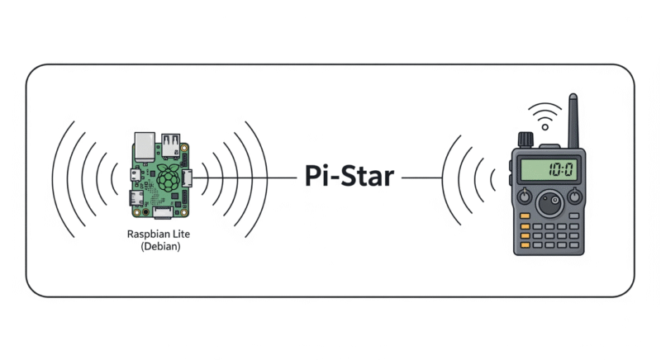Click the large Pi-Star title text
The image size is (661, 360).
(349, 176)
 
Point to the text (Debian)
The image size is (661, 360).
(160, 246)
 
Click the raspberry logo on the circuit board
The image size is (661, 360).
(168, 178)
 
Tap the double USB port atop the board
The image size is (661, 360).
(171, 145)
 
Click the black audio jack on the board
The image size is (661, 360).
(145, 212)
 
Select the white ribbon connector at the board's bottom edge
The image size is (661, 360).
(163, 212)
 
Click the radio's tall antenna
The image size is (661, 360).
(573, 121)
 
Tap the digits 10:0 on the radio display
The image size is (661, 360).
(561, 170)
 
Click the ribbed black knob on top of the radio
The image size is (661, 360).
(525, 140)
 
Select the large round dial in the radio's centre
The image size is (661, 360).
(549, 204)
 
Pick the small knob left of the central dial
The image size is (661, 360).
(524, 197)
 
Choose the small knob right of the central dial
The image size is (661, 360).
(574, 197)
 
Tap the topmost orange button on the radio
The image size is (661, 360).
(525, 216)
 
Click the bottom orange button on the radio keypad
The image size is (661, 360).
(525, 245)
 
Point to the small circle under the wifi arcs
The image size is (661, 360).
(545, 127)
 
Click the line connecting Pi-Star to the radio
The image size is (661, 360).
(421, 178)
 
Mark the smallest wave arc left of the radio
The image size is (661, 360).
(492, 178)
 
